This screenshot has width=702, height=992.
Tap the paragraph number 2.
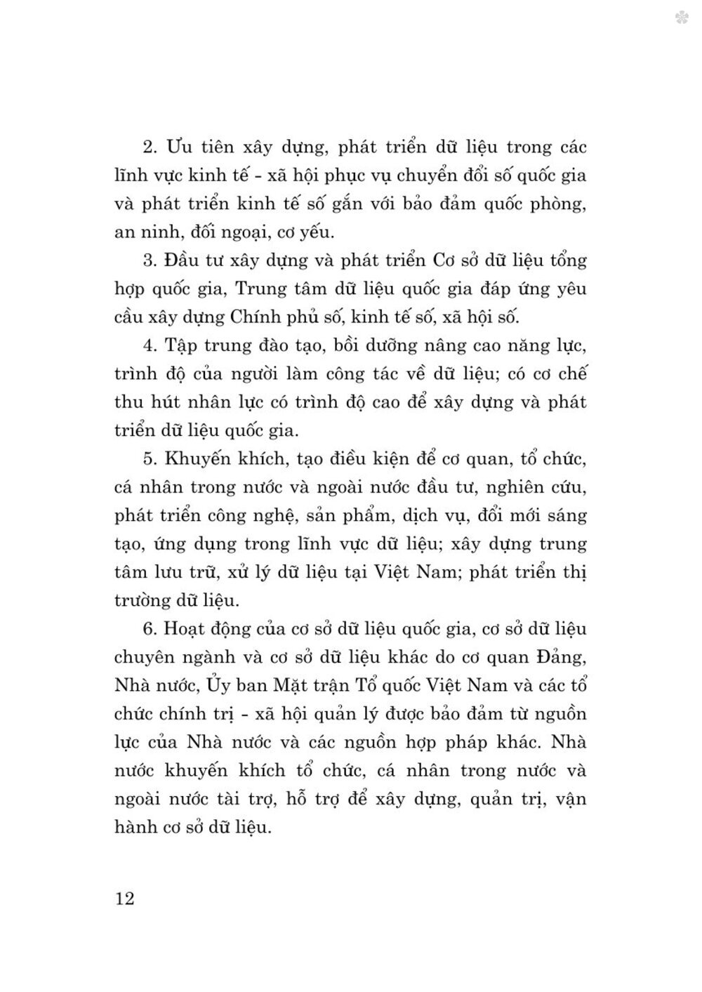(x=148, y=148)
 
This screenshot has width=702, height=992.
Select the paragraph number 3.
(x=148, y=261)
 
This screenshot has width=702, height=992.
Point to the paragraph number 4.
(x=148, y=346)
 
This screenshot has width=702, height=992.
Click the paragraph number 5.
(x=148, y=459)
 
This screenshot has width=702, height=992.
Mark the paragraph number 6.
(x=148, y=629)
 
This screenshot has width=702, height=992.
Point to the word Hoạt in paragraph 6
(x=185, y=630)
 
